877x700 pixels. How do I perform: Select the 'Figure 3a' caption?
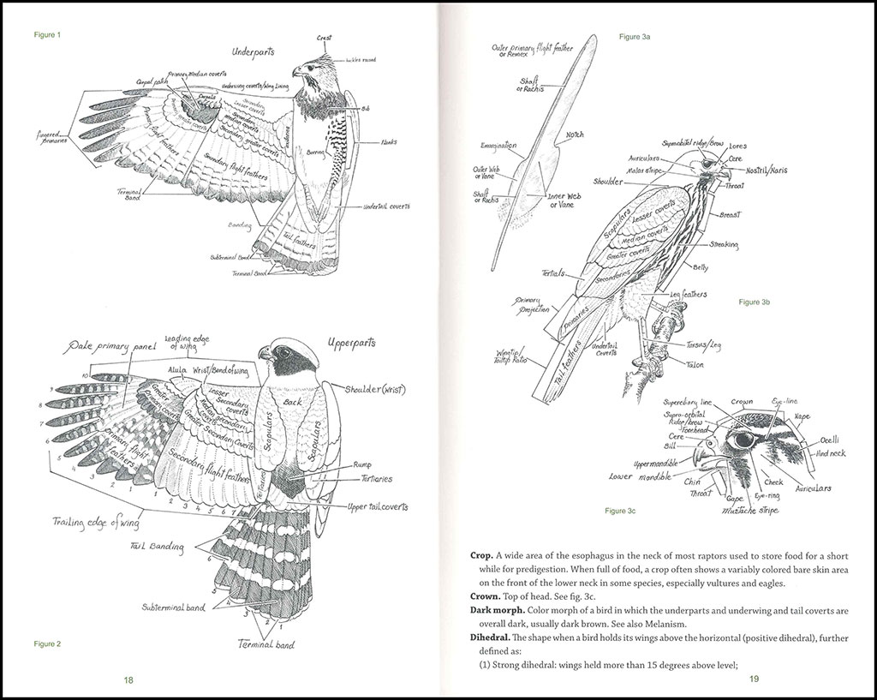click(635, 37)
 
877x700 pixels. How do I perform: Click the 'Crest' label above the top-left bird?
click(323, 39)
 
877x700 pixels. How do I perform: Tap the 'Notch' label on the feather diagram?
click(575, 135)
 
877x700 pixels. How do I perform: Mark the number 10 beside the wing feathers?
click(85, 376)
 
